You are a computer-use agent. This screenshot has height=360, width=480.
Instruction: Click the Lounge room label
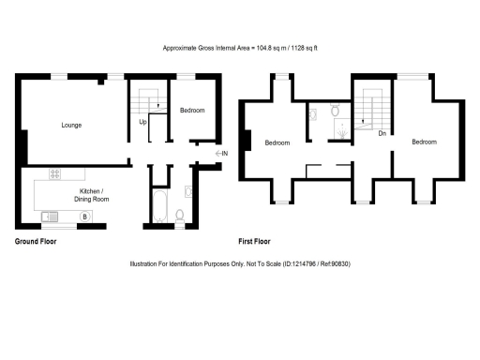70,125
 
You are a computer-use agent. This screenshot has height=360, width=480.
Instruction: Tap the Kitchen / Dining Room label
91,194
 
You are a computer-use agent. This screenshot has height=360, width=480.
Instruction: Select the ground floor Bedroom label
192,111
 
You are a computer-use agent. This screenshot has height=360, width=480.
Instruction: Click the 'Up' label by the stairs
142,122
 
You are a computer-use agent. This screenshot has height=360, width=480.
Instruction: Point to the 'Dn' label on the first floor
382,133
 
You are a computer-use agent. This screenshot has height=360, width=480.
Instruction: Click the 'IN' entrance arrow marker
221,153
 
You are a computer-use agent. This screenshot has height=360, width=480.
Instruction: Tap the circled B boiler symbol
84,217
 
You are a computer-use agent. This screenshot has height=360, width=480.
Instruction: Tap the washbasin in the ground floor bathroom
190,193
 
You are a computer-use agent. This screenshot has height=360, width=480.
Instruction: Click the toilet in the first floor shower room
336,110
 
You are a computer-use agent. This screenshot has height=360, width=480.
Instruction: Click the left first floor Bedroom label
277,142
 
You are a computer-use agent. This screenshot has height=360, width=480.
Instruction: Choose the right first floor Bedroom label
424,142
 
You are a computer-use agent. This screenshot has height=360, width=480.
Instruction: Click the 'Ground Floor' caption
36,241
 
